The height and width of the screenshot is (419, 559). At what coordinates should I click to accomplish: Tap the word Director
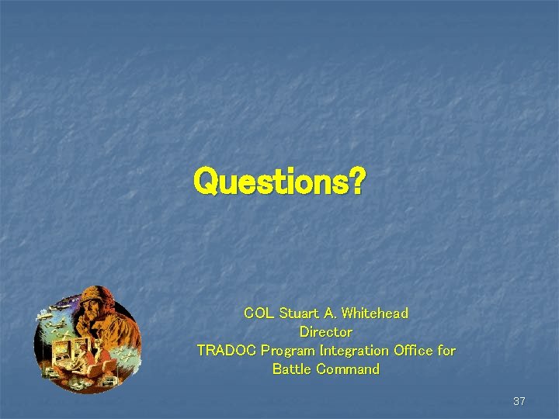pyautogui.click(x=326, y=332)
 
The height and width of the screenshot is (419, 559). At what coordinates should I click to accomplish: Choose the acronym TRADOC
pyautogui.click(x=227, y=351)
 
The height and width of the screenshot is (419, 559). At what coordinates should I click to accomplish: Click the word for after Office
pyautogui.click(x=446, y=351)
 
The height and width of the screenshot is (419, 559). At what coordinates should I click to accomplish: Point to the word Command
pyautogui.click(x=348, y=369)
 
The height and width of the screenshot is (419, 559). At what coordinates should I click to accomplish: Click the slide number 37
pyautogui.click(x=519, y=401)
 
